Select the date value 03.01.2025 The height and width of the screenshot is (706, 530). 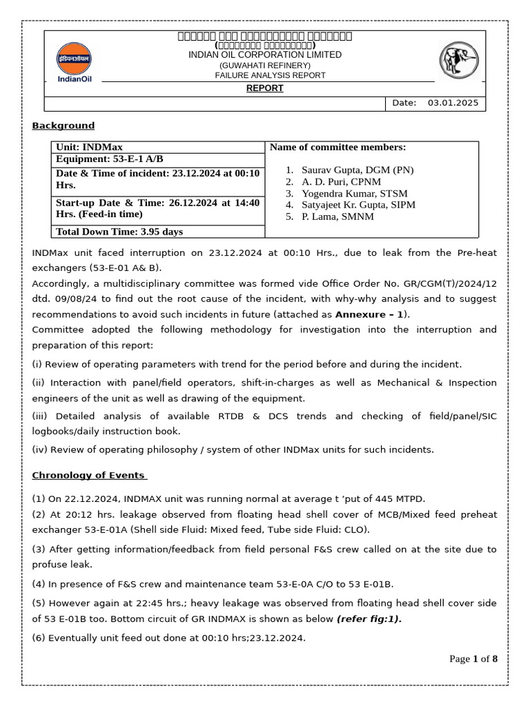tap(453, 103)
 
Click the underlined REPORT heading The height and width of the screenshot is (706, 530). tap(265, 88)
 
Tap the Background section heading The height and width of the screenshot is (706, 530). tap(63, 125)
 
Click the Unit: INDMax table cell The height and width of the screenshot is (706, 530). tap(89, 147)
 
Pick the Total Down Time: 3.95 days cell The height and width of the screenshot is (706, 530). tap(119, 232)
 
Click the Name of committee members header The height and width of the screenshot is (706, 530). tap(337, 147)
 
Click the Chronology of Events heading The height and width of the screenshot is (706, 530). tap(89, 475)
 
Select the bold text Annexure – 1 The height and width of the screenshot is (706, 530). tap(369, 314)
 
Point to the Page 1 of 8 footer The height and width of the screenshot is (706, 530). tap(473, 658)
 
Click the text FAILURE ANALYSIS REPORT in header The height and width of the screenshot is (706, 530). tap(270, 75)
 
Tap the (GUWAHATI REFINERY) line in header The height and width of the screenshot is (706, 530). tap(265, 65)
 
